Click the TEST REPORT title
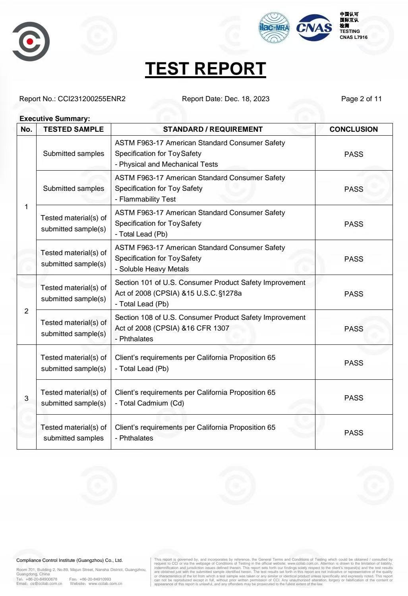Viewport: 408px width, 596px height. click(x=205, y=69)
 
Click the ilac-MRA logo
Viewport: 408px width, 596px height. click(x=274, y=27)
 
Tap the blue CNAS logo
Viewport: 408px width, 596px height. click(x=314, y=27)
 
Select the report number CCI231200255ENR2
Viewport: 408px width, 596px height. click(x=92, y=99)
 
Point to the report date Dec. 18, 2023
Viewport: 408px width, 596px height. click(x=247, y=99)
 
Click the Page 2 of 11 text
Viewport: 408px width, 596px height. click(x=361, y=99)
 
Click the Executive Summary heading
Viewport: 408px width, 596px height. click(x=55, y=119)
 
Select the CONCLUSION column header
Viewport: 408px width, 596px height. click(x=354, y=129)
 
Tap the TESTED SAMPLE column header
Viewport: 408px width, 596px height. click(x=73, y=129)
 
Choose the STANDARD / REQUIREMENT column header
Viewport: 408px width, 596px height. click(x=213, y=129)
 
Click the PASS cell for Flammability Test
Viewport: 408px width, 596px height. click(x=354, y=189)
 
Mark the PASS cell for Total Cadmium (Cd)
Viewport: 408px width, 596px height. click(x=354, y=398)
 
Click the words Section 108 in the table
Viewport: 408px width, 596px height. click(x=133, y=317)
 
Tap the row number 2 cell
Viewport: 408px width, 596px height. click(x=27, y=311)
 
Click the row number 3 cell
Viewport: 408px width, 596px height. click(x=27, y=398)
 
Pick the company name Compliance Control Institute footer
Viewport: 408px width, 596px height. click(x=70, y=560)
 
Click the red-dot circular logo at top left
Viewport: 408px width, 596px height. click(x=31, y=41)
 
